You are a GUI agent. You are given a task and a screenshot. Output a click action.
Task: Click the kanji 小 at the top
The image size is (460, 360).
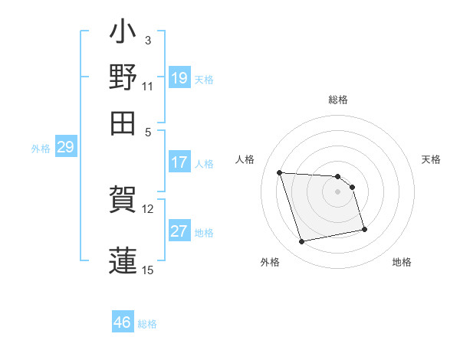tap(123, 34)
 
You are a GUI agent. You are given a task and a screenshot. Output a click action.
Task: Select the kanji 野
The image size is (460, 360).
tap(123, 77)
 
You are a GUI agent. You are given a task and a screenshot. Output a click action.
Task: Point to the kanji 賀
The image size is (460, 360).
tap(123, 200)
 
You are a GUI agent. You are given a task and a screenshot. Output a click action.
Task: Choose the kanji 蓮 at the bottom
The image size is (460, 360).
tap(123, 258)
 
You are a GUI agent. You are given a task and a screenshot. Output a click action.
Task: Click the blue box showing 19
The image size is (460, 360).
tap(179, 78)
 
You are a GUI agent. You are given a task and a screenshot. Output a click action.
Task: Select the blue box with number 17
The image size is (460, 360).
tap(179, 162)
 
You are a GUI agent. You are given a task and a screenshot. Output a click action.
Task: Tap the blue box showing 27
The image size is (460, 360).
tap(179, 231)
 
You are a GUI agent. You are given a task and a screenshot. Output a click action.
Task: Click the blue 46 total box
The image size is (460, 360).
tap(123, 322)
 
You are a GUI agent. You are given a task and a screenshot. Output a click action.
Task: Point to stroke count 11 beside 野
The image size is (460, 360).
tap(148, 86)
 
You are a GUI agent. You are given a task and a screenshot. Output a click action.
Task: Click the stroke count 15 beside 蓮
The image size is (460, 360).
tap(148, 269)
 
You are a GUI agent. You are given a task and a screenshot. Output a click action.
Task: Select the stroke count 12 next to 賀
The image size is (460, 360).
tap(148, 209)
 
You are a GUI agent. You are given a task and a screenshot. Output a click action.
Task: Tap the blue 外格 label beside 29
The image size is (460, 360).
tap(41, 149)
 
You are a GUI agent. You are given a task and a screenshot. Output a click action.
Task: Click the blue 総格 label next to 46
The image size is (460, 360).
tap(147, 323)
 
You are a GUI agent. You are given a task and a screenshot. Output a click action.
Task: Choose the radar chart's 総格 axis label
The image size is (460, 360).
tap(338, 100)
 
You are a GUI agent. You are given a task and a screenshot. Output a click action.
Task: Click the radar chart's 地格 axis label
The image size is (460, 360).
tap(402, 262)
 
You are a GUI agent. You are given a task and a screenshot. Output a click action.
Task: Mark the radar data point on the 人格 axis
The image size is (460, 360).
tap(280, 172)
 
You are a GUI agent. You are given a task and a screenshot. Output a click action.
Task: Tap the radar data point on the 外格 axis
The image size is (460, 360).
tap(302, 242)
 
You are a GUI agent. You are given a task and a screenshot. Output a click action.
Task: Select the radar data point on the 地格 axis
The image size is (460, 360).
tap(364, 229)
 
